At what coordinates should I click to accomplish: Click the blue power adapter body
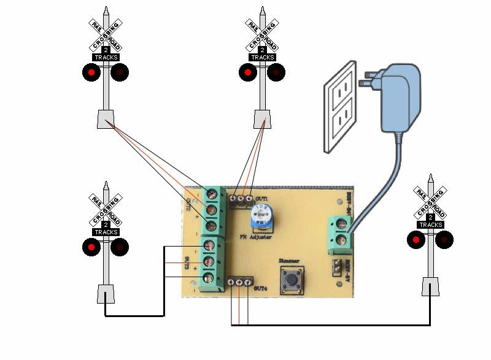401,98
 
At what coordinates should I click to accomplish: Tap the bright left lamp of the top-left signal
91,72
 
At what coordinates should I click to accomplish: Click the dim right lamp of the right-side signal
444,240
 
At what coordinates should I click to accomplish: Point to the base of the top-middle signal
263,118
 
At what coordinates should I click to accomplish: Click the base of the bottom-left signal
106,294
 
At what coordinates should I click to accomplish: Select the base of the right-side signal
430,286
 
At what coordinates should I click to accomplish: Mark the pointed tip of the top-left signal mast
106,10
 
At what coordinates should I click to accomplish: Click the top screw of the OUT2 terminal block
212,195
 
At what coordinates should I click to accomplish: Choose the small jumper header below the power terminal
336,267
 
